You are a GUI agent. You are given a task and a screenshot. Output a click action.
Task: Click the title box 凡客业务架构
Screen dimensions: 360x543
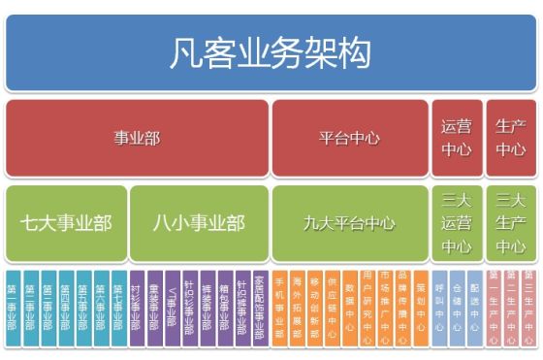pos(271,51)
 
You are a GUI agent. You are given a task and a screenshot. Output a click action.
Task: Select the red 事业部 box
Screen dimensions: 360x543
pos(137,138)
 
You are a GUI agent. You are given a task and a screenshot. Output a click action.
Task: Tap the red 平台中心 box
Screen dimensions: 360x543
pos(348,138)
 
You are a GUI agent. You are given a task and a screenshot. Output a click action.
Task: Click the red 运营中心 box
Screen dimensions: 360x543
pos(456,138)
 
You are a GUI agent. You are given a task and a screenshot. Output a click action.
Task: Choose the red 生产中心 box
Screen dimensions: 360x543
pos(510,138)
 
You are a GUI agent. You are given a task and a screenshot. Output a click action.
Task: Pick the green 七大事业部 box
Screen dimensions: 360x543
pos(66,223)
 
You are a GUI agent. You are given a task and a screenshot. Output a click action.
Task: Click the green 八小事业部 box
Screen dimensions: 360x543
pos(199,223)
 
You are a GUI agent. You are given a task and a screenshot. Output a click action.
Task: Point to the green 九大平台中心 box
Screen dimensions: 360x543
pos(348,223)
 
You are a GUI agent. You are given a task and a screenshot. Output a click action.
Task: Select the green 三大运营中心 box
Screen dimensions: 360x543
pos(456,223)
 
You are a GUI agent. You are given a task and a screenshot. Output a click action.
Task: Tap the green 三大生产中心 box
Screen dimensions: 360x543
pos(510,223)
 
